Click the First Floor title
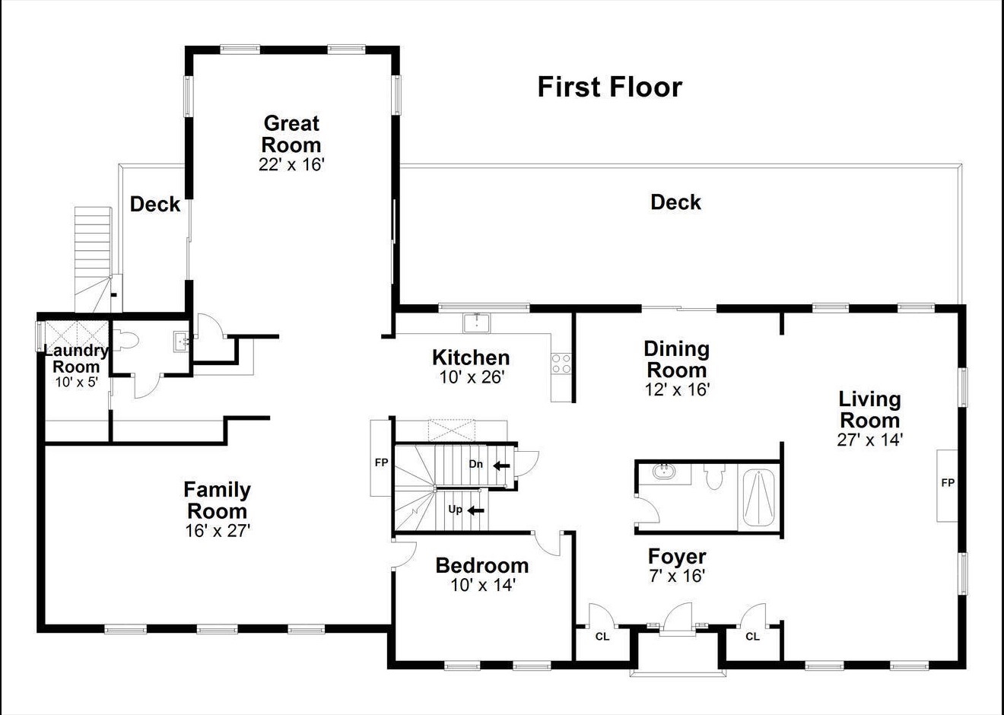tap(609, 87)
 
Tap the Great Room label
tap(291, 134)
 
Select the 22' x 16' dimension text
tap(291, 164)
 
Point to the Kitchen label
tap(471, 357)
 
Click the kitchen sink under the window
tap(477, 323)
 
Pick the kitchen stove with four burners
tap(561, 364)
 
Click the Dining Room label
tap(676, 360)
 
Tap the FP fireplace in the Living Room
tap(948, 483)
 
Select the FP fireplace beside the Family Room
tap(381, 462)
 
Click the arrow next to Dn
tap(501, 466)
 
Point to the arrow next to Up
tap(476, 510)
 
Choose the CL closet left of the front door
tap(602, 637)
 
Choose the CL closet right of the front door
tap(752, 637)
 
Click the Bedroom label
tap(482, 565)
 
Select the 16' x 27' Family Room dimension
tap(218, 531)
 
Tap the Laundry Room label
tap(76, 358)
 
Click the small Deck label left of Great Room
tap(155, 204)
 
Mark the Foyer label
tap(677, 557)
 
